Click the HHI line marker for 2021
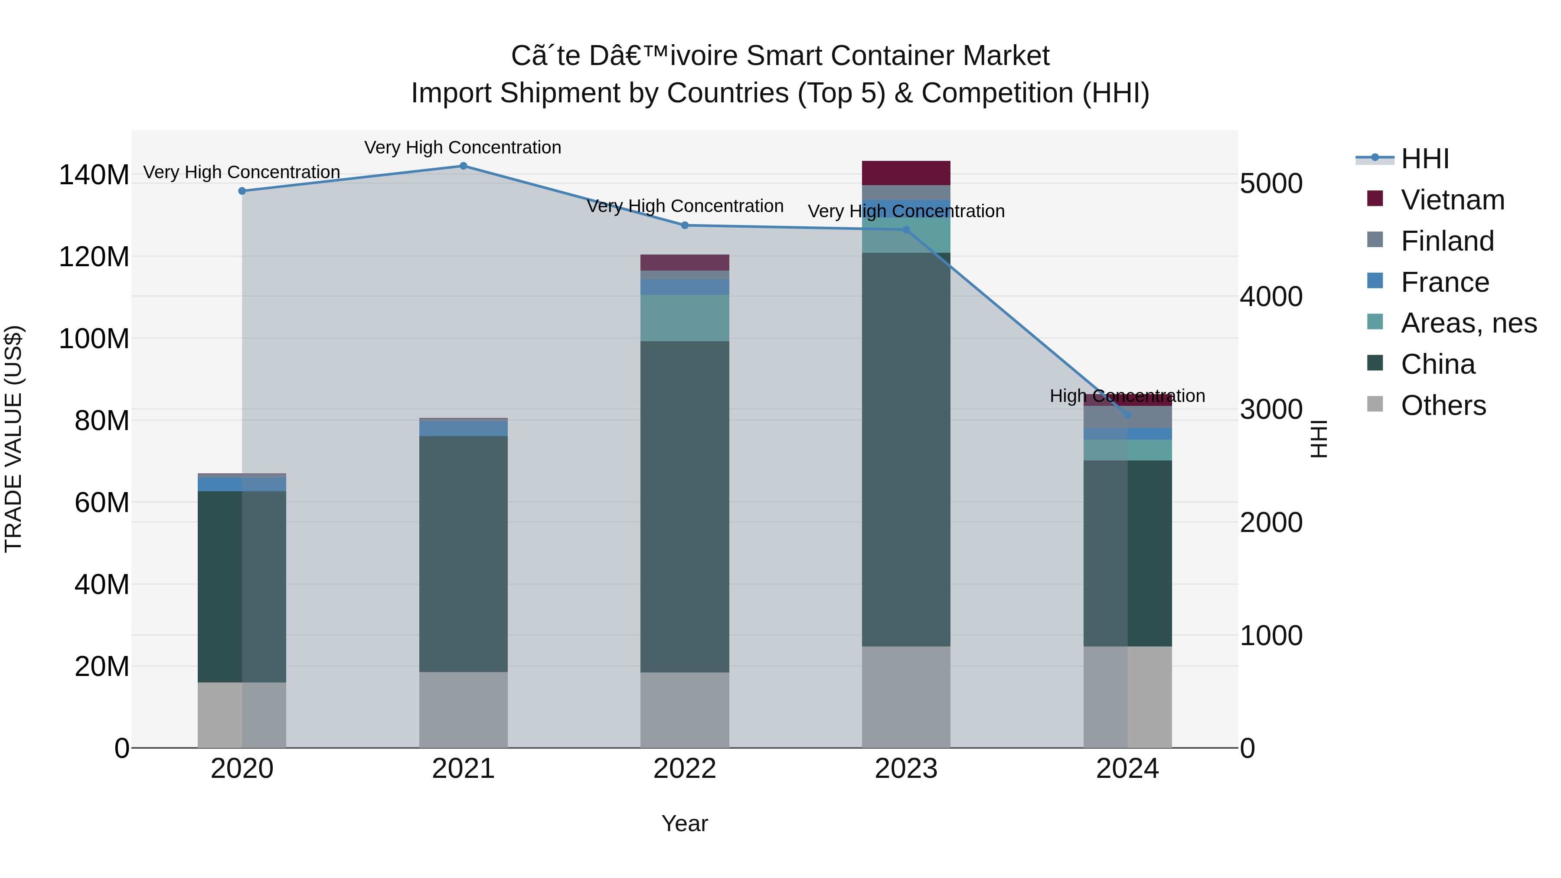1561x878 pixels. point(463,166)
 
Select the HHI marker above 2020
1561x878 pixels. point(242,191)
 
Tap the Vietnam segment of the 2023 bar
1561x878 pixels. point(906,173)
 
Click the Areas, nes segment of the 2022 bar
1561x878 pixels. point(685,318)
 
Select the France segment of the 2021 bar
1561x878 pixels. point(463,428)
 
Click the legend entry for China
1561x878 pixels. point(1437,364)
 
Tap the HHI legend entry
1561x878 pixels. point(1424,159)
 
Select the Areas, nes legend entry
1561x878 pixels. point(1468,323)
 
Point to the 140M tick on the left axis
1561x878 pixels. point(94,175)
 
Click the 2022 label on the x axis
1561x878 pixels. point(685,769)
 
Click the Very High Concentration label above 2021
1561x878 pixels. point(463,147)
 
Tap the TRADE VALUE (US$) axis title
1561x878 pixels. point(13,439)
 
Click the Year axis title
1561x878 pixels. point(685,823)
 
